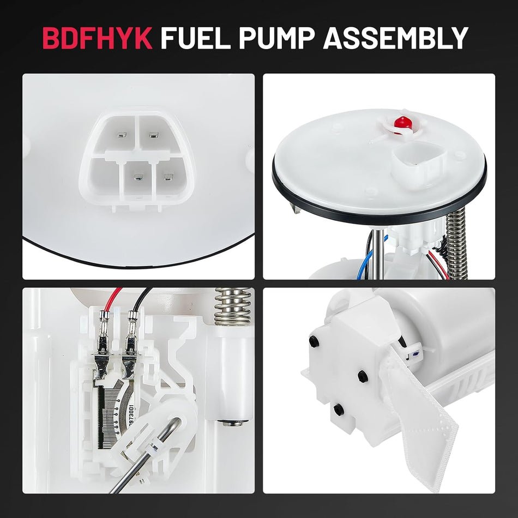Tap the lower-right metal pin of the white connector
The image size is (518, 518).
pyautogui.click(x=168, y=177)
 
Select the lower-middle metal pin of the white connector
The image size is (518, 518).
pyautogui.click(x=139, y=177)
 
